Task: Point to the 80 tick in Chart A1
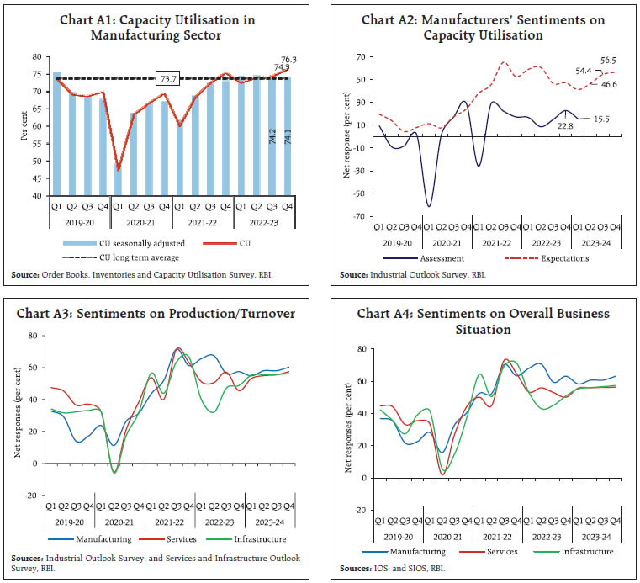(40, 56)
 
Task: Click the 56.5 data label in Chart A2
(610, 61)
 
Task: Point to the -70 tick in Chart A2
(361, 215)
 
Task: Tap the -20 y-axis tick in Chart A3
(33, 496)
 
